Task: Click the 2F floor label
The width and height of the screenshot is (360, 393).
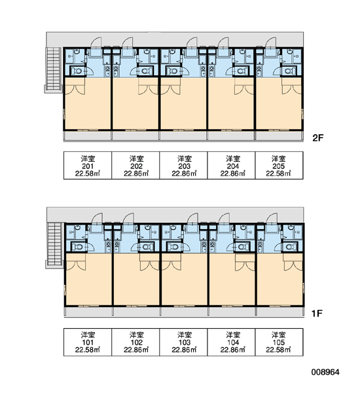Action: (x=318, y=138)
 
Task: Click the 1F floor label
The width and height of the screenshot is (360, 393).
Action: (x=317, y=313)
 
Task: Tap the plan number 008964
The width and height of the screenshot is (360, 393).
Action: (x=325, y=372)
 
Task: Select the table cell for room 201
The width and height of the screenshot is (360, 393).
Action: (x=88, y=166)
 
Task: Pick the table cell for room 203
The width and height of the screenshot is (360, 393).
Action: (x=183, y=166)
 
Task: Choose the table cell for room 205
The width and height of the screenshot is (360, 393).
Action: (x=279, y=166)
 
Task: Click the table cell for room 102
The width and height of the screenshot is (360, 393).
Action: (x=135, y=342)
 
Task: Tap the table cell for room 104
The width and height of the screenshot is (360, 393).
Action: (x=231, y=342)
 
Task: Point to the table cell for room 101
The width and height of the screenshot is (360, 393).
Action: (x=88, y=342)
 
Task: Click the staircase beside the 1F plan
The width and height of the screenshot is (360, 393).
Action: (x=54, y=246)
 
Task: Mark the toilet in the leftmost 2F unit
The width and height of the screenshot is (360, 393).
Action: (x=77, y=71)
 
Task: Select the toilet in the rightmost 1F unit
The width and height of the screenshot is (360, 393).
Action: (x=289, y=247)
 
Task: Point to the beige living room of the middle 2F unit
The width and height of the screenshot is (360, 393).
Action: (x=183, y=108)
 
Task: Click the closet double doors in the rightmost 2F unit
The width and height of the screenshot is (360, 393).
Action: (x=292, y=90)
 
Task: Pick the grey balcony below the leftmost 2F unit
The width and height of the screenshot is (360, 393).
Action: (x=88, y=136)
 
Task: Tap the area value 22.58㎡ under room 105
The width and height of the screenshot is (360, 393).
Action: (x=278, y=349)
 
